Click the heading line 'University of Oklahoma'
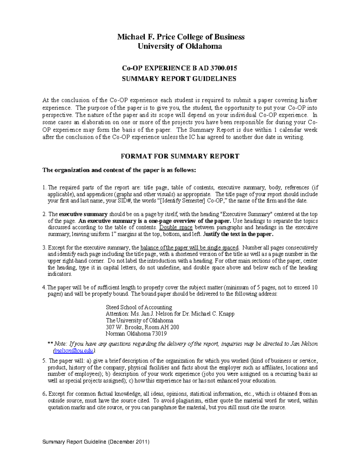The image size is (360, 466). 180,46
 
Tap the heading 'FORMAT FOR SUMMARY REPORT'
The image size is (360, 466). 180,156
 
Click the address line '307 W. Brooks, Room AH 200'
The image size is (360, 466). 142,327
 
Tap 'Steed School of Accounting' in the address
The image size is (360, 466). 139,307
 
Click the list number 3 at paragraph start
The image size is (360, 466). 44,248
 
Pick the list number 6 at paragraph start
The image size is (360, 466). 44,394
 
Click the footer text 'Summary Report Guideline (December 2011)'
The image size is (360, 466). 96,442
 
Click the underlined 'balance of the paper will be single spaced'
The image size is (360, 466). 189,248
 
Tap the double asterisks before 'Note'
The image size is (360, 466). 50,344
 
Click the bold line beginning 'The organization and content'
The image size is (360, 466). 119,170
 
